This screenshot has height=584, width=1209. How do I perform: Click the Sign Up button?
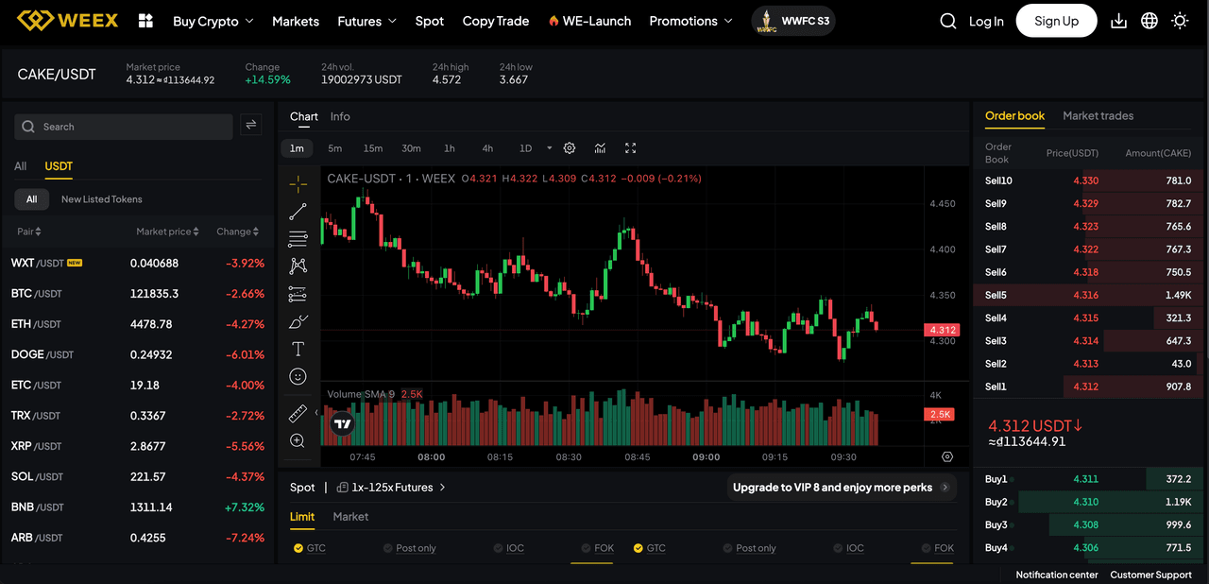tap(1056, 21)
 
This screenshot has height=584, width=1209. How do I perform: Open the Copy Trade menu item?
tap(495, 21)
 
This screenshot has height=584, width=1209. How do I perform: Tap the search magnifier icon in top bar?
tap(948, 21)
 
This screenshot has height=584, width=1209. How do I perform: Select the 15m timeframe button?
tap(373, 148)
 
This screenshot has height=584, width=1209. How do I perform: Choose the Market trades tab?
tap(1098, 115)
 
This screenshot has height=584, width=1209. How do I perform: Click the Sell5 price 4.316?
tap(1085, 295)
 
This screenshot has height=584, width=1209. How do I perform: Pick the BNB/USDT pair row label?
tap(37, 507)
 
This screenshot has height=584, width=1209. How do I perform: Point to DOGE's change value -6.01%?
tap(245, 354)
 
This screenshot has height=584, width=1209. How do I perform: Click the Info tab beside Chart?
tap(340, 116)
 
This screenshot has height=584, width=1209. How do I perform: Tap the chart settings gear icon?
tap(570, 148)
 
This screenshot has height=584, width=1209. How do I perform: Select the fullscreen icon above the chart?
tap(631, 148)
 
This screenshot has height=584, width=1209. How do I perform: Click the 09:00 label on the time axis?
tap(706, 457)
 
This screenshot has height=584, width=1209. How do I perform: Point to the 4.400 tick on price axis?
tap(943, 249)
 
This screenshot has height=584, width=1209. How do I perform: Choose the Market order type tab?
tap(350, 517)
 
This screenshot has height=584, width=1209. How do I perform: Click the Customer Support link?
tap(1150, 575)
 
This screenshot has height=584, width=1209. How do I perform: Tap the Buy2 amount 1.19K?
tap(1177, 502)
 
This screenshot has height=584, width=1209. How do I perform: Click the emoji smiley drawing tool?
tap(298, 377)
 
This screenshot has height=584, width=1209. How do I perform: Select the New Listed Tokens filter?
tap(101, 199)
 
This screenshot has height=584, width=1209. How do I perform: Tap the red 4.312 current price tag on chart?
tap(942, 330)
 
